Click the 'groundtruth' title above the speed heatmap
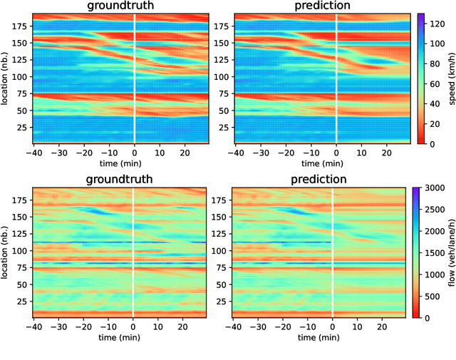click(x=120, y=6)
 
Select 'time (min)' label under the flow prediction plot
click(x=319, y=336)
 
